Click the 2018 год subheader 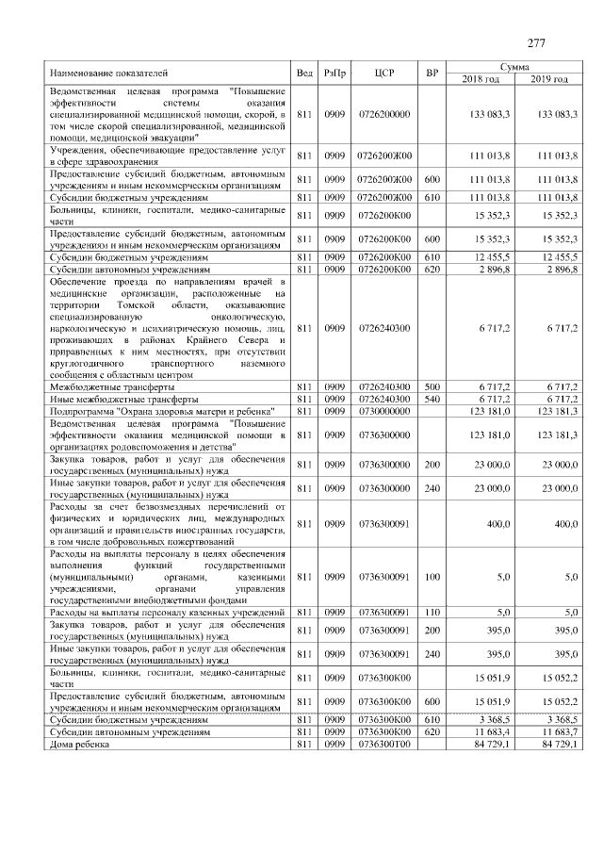click(x=481, y=78)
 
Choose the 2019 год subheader click(x=548, y=78)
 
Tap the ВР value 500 click(x=432, y=387)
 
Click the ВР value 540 click(x=432, y=400)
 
